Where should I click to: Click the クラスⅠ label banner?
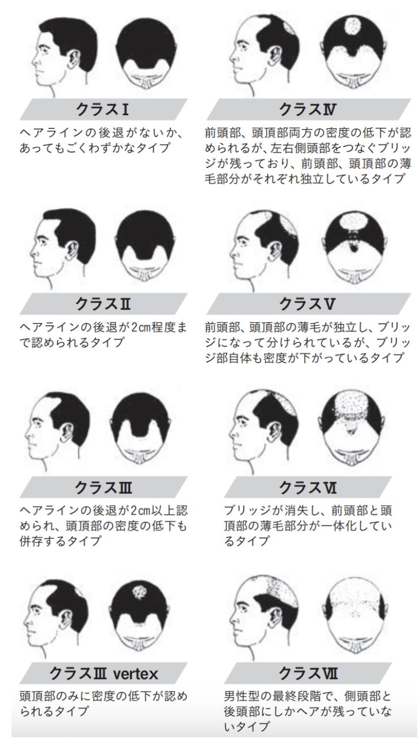[103, 109]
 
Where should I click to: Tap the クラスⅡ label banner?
[103, 303]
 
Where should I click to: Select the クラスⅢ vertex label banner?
[103, 673]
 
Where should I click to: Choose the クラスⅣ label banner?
[308, 109]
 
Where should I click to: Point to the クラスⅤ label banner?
[308, 303]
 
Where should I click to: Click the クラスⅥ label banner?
[308, 487]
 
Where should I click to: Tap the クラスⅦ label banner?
[308, 673]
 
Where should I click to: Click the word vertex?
[136, 674]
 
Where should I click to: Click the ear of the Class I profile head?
[74, 59]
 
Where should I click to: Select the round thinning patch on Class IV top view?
[353, 25]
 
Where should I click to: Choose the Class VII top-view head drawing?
[355, 618]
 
